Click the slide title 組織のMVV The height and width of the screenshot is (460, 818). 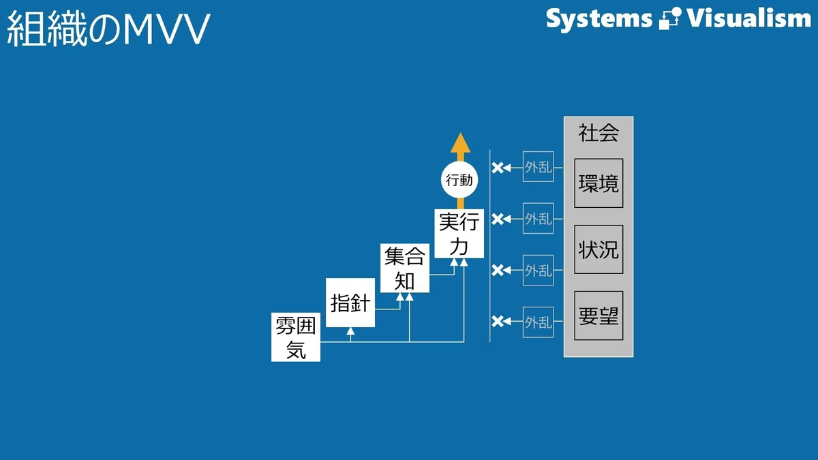tap(108, 29)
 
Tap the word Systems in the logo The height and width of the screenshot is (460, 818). tap(599, 19)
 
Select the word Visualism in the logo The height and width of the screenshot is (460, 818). tap(749, 18)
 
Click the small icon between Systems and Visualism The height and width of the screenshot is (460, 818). tap(669, 18)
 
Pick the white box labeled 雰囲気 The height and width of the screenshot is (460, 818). tap(296, 337)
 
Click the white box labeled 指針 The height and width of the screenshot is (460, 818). tap(350, 303)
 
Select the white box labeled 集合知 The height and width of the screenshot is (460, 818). tap(405, 268)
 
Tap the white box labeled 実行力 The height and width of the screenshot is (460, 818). tap(459, 234)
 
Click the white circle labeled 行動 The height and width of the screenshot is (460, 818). tap(459, 180)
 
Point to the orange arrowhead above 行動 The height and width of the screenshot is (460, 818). tap(461, 142)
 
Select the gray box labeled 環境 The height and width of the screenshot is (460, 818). tap(599, 183)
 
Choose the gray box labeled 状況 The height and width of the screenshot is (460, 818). tap(599, 249)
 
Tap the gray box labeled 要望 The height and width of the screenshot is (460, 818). tap(599, 316)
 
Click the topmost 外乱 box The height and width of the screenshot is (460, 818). tap(539, 166)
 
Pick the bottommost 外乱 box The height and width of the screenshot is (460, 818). tap(539, 322)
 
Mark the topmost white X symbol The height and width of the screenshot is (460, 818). tap(498, 168)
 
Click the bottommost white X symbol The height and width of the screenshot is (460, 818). tap(498, 321)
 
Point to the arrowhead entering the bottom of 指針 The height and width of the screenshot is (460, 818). tap(350, 331)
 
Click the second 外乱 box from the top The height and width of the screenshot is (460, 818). tap(539, 218)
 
